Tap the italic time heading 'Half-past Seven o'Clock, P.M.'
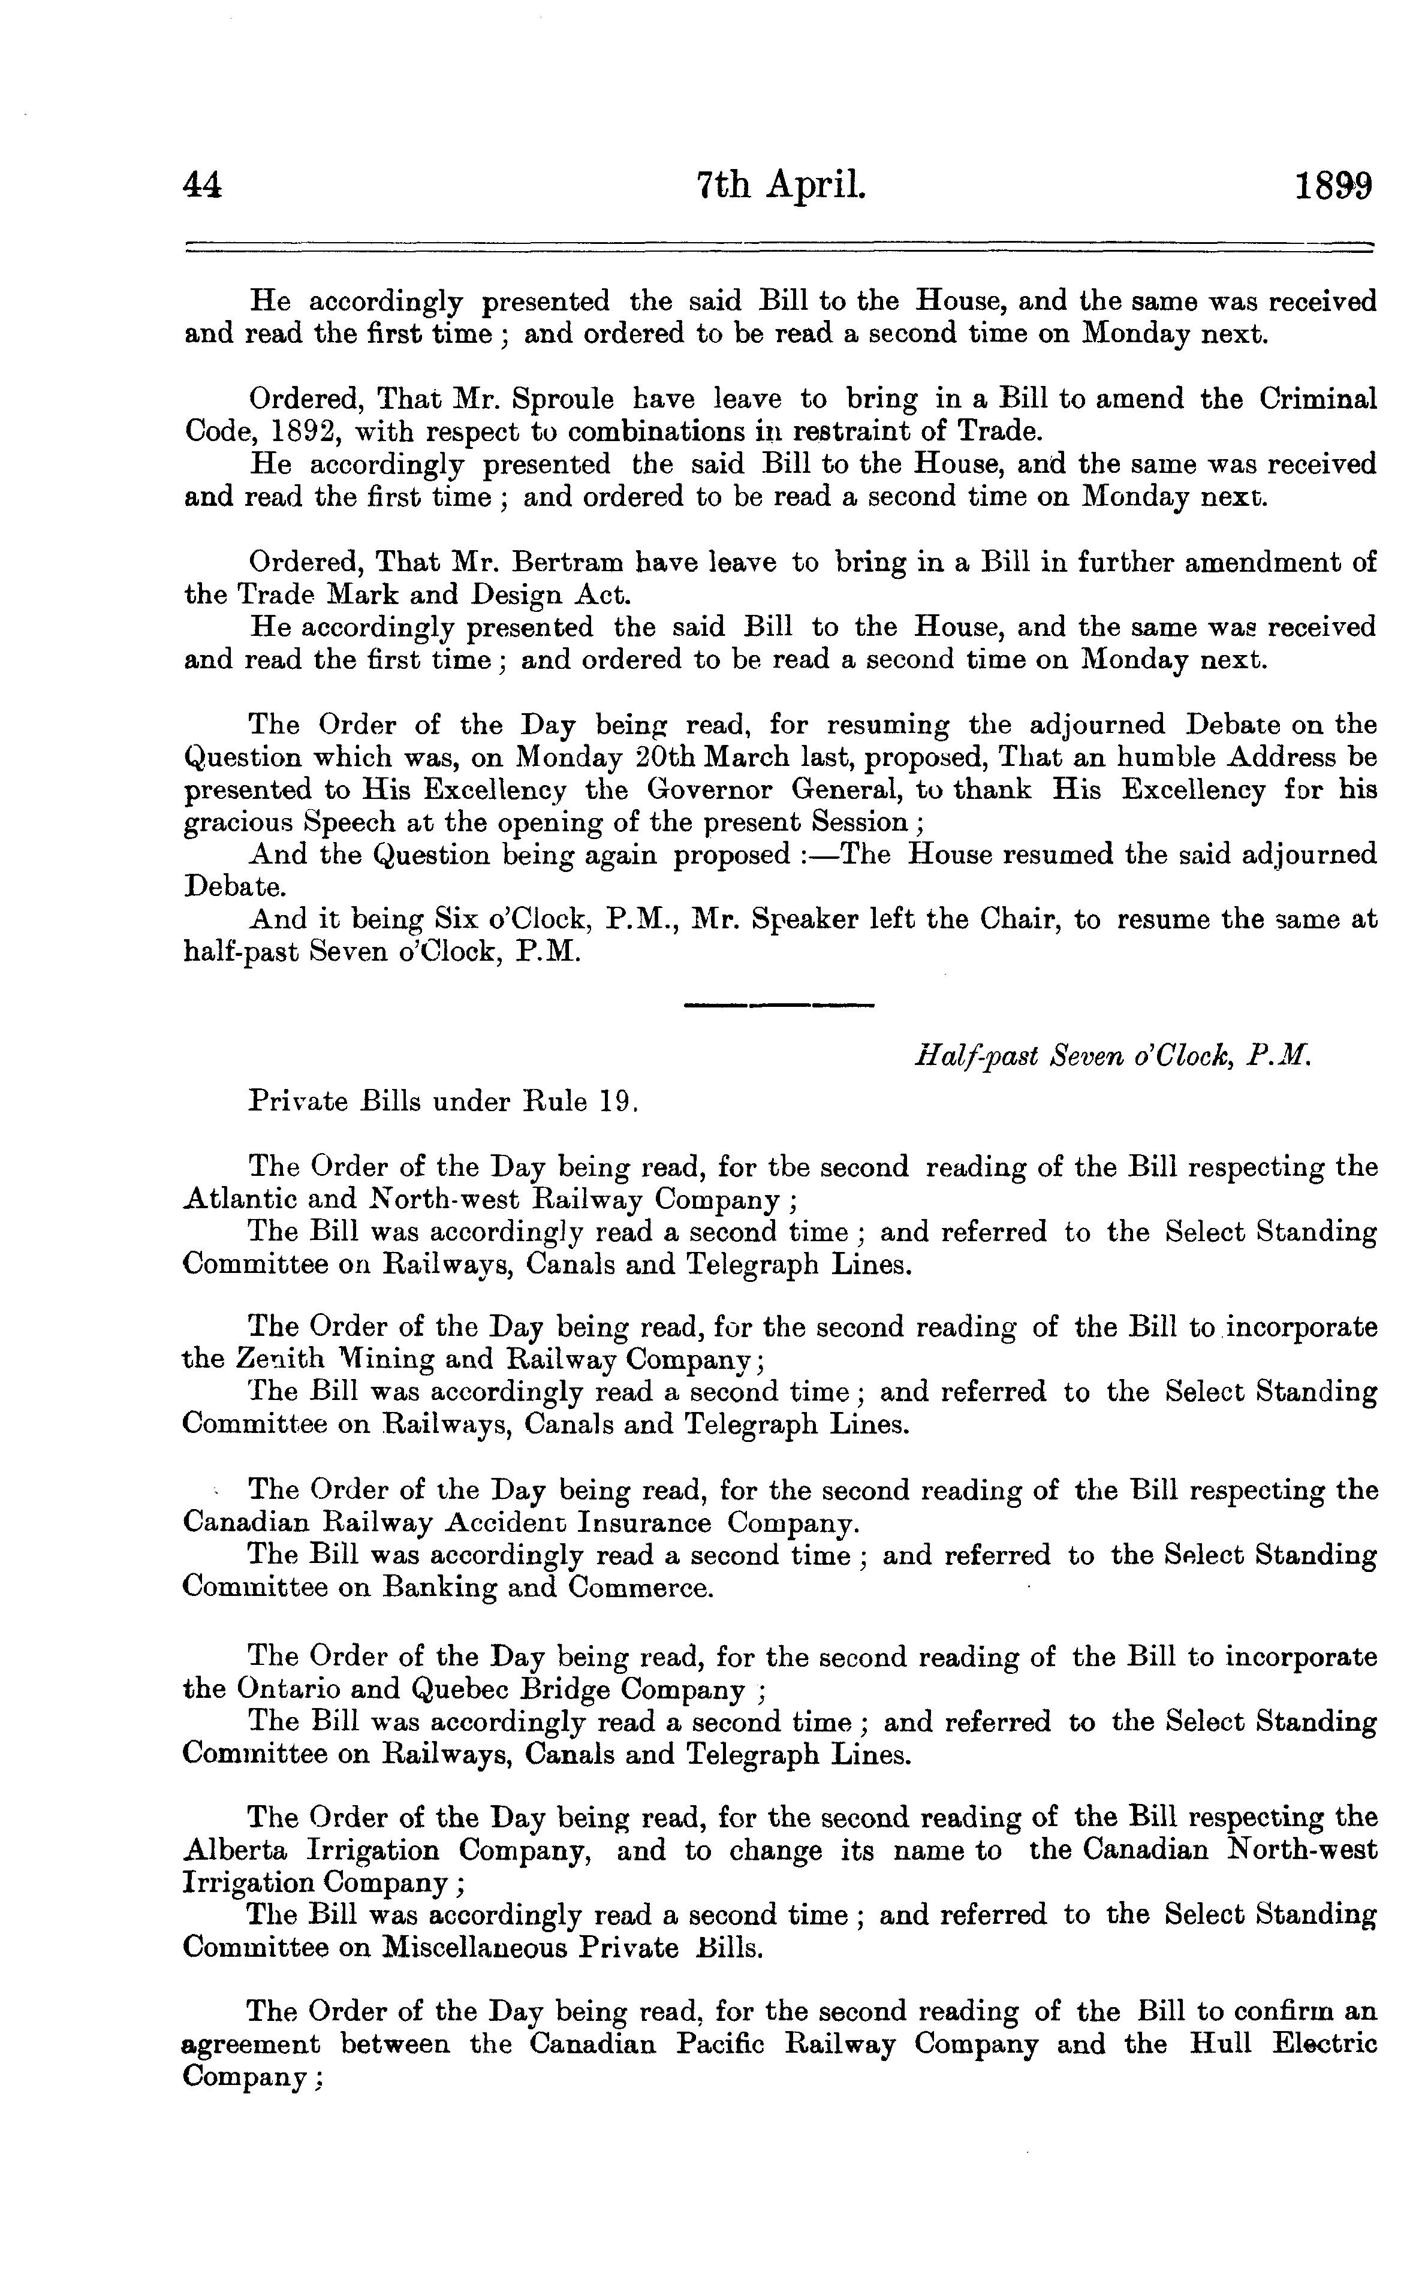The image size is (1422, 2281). click(x=1113, y=1057)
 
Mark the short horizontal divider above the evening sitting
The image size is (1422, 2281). click(x=779, y=1006)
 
